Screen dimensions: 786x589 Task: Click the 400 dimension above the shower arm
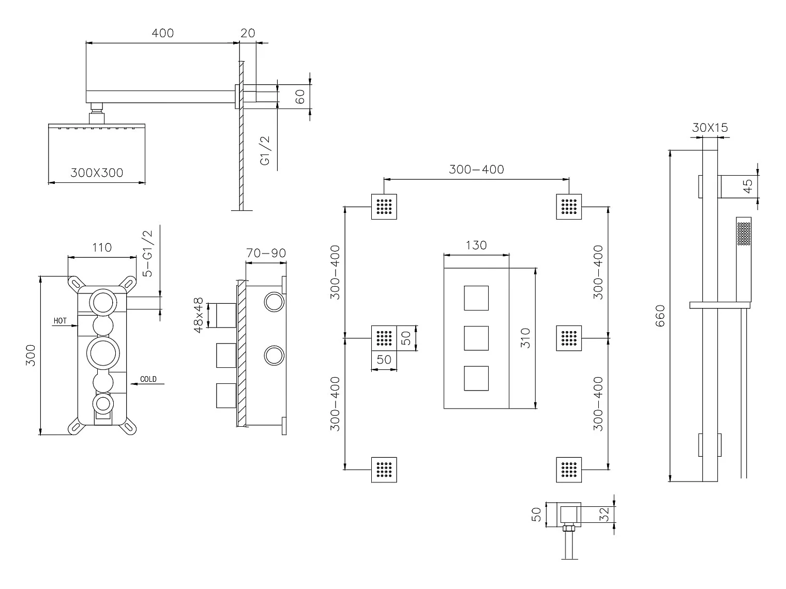(162, 33)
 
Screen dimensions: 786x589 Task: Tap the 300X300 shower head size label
(97, 173)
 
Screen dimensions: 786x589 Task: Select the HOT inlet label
(60, 321)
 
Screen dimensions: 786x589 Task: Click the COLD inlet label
(148, 379)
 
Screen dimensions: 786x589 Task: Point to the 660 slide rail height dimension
(660, 316)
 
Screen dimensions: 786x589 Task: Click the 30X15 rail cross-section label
(710, 128)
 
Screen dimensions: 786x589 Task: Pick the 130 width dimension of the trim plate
(476, 245)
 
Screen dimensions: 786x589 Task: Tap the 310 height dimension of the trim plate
(525, 338)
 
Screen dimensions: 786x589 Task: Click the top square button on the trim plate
(476, 298)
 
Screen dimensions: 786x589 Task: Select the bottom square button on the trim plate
(476, 378)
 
